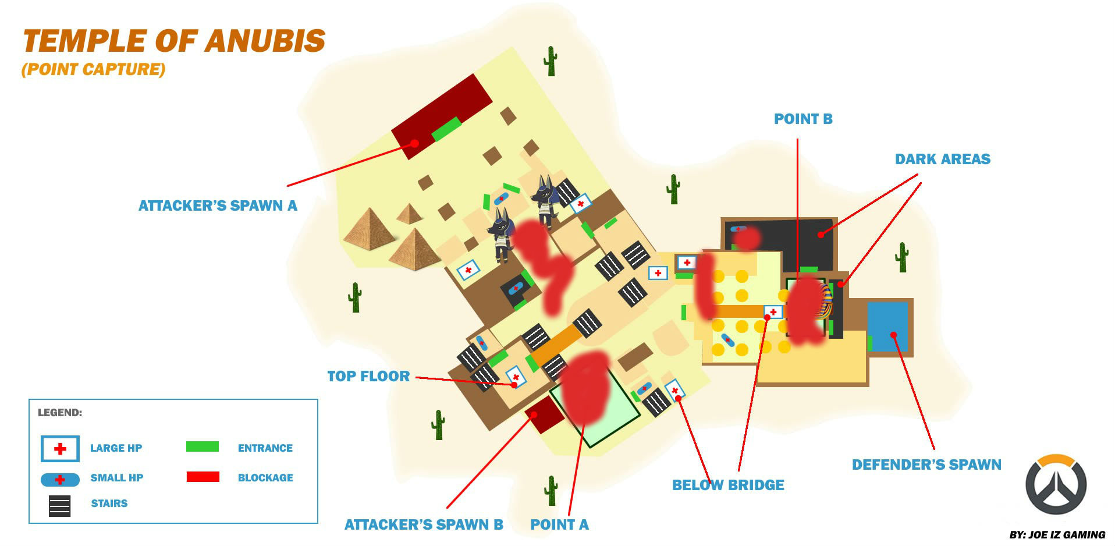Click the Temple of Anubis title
click(x=173, y=41)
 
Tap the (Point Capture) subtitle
click(x=93, y=69)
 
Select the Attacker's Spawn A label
click(x=218, y=205)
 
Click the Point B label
click(x=803, y=119)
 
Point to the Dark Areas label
click(x=942, y=159)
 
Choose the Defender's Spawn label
click(x=926, y=465)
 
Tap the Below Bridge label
click(x=728, y=485)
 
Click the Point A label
click(x=559, y=524)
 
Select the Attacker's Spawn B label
click(x=424, y=524)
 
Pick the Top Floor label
click(x=368, y=376)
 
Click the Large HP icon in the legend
click(x=60, y=449)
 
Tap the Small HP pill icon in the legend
click(x=60, y=480)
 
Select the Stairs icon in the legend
click(x=60, y=505)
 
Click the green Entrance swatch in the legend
click(x=203, y=446)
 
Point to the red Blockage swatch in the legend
click(x=203, y=477)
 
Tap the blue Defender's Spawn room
click(x=887, y=327)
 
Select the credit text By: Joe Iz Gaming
click(x=1057, y=534)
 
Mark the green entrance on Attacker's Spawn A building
click(x=446, y=129)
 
